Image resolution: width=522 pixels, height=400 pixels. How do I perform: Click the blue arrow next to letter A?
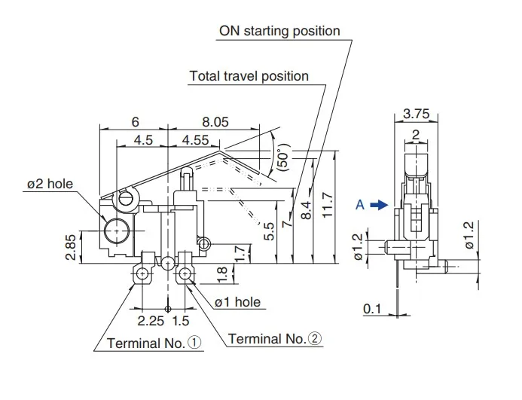pos(379,205)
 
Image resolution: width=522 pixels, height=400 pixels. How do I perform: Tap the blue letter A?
pos(360,205)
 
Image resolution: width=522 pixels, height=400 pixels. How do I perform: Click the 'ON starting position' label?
pos(279,31)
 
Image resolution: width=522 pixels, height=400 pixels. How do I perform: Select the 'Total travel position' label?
pos(249,76)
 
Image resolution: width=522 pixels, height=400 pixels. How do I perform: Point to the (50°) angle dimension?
pos(283,157)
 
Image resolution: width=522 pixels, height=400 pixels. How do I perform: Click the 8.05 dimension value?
pos(215,122)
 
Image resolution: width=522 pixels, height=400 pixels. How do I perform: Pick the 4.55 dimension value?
pos(195,140)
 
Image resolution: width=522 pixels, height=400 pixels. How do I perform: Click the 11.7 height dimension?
pos(328,205)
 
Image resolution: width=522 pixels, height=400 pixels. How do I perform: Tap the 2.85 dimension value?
pos(71,248)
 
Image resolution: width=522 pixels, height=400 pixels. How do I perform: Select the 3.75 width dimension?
pos(416,114)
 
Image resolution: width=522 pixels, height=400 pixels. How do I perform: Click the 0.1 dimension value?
pos(372,309)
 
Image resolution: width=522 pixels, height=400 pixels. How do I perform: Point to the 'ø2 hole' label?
pos(50,184)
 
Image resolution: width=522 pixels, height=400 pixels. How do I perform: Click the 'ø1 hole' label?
pos(237,302)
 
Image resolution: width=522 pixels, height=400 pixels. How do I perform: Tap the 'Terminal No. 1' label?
pos(154,343)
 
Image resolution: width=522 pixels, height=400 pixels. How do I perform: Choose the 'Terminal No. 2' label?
pos(275,339)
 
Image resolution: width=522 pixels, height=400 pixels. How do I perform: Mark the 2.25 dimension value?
pos(151,321)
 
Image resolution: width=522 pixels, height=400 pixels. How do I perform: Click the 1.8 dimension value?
pos(221,275)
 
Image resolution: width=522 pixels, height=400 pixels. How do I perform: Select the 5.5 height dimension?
pos(269,231)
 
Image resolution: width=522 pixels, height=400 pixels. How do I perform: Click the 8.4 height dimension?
pos(306,210)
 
